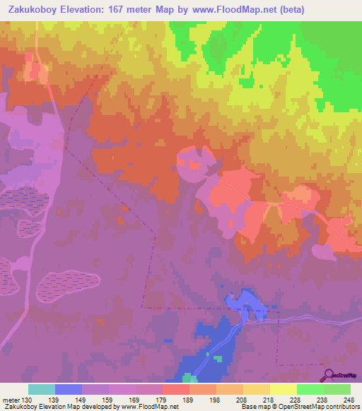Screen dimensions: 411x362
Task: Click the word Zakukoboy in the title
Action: point(35,9)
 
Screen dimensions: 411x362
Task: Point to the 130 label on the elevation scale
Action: point(28,400)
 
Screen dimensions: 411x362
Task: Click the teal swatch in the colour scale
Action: point(42,389)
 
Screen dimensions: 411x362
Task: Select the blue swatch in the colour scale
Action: point(69,389)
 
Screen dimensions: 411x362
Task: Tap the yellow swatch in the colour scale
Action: point(284,389)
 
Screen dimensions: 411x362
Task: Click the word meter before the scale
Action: point(10,400)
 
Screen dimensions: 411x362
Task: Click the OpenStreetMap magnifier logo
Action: point(327,375)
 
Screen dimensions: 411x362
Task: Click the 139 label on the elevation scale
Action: point(51,400)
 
